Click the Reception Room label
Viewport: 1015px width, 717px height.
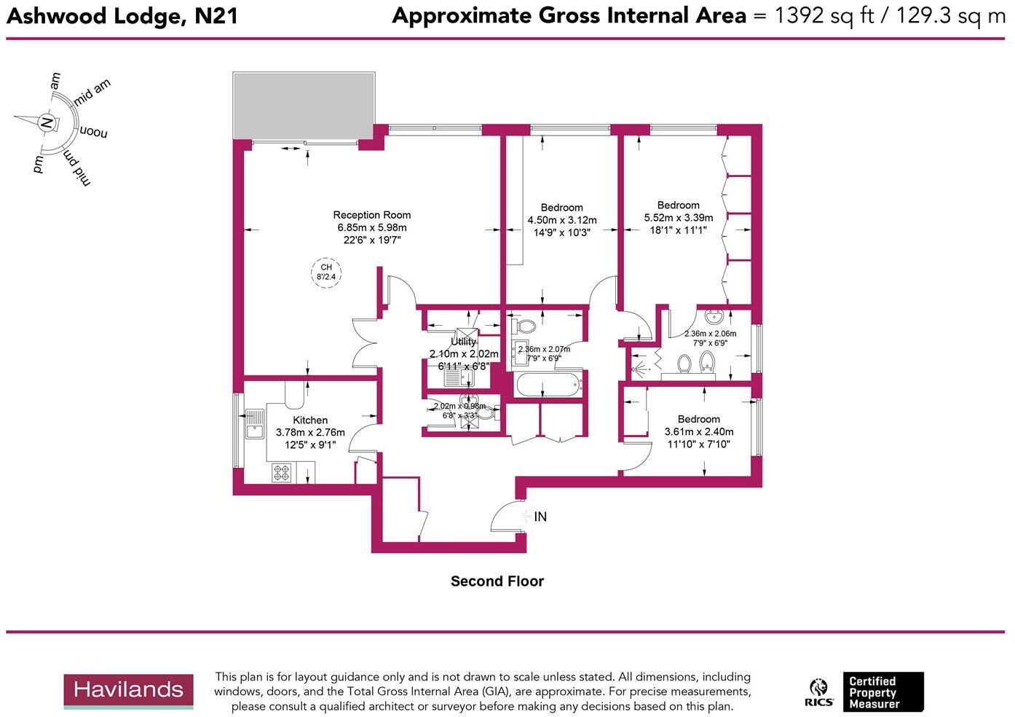click(x=371, y=215)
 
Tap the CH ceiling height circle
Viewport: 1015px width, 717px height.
click(x=326, y=272)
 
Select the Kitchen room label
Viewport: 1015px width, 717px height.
click(x=310, y=420)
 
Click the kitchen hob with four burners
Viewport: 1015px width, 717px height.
click(x=282, y=473)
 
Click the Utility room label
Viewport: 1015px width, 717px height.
click(x=463, y=342)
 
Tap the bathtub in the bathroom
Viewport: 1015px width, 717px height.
click(x=548, y=384)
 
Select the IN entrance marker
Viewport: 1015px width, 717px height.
click(x=540, y=517)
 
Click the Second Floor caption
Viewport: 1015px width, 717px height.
click(x=497, y=581)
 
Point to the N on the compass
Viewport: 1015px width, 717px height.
click(x=47, y=122)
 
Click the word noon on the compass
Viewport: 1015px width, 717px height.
click(x=93, y=133)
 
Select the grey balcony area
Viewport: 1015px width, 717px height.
click(x=304, y=105)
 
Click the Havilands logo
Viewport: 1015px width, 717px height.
click(x=128, y=690)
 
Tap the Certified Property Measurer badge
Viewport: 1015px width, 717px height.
click(x=883, y=692)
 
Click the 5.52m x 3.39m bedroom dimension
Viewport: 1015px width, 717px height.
click(x=678, y=218)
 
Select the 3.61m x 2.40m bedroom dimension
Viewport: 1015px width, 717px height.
click(x=698, y=432)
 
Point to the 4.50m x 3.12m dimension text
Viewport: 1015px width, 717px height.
click(x=561, y=220)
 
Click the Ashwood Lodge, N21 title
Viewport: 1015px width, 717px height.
click(x=122, y=16)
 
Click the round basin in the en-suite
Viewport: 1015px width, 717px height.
click(x=714, y=318)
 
